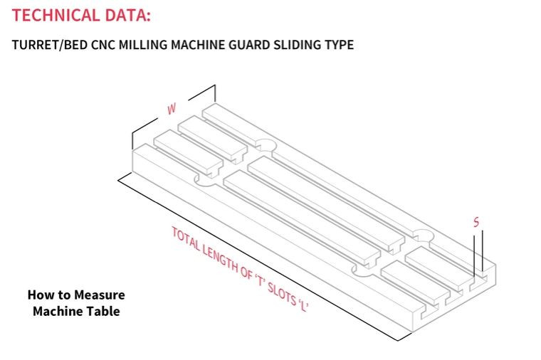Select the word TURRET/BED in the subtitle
click(x=48, y=46)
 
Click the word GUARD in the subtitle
click(x=246, y=46)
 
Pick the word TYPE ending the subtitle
click(x=338, y=46)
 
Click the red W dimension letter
click(x=172, y=110)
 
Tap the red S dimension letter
click(x=476, y=223)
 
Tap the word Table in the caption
click(x=104, y=311)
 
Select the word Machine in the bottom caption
click(x=59, y=311)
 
